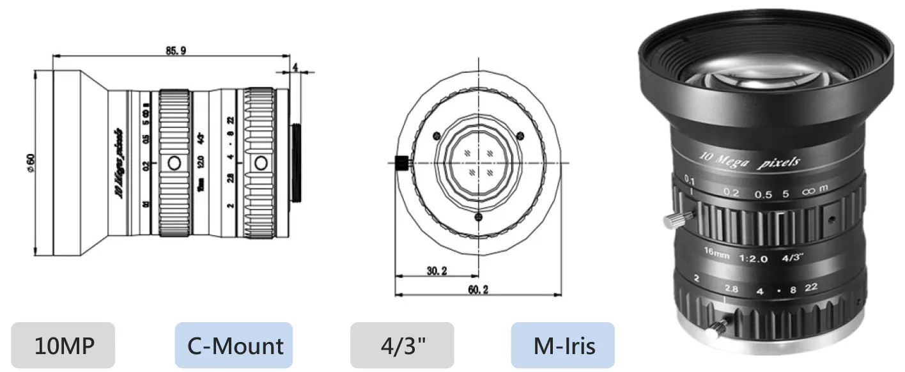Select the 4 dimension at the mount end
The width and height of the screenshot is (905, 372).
(295, 66)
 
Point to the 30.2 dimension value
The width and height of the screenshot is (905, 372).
(437, 270)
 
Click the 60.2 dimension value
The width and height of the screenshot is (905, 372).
(477, 290)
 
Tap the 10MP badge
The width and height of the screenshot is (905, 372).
(63, 346)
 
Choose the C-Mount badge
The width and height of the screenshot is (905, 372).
(234, 346)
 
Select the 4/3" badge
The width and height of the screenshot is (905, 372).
(402, 346)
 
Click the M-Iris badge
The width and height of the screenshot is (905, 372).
(563, 346)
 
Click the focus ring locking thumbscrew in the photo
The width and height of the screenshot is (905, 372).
(676, 221)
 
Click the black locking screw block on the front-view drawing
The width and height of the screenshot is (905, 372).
(401, 163)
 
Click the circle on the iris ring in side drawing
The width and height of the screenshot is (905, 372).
(261, 163)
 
